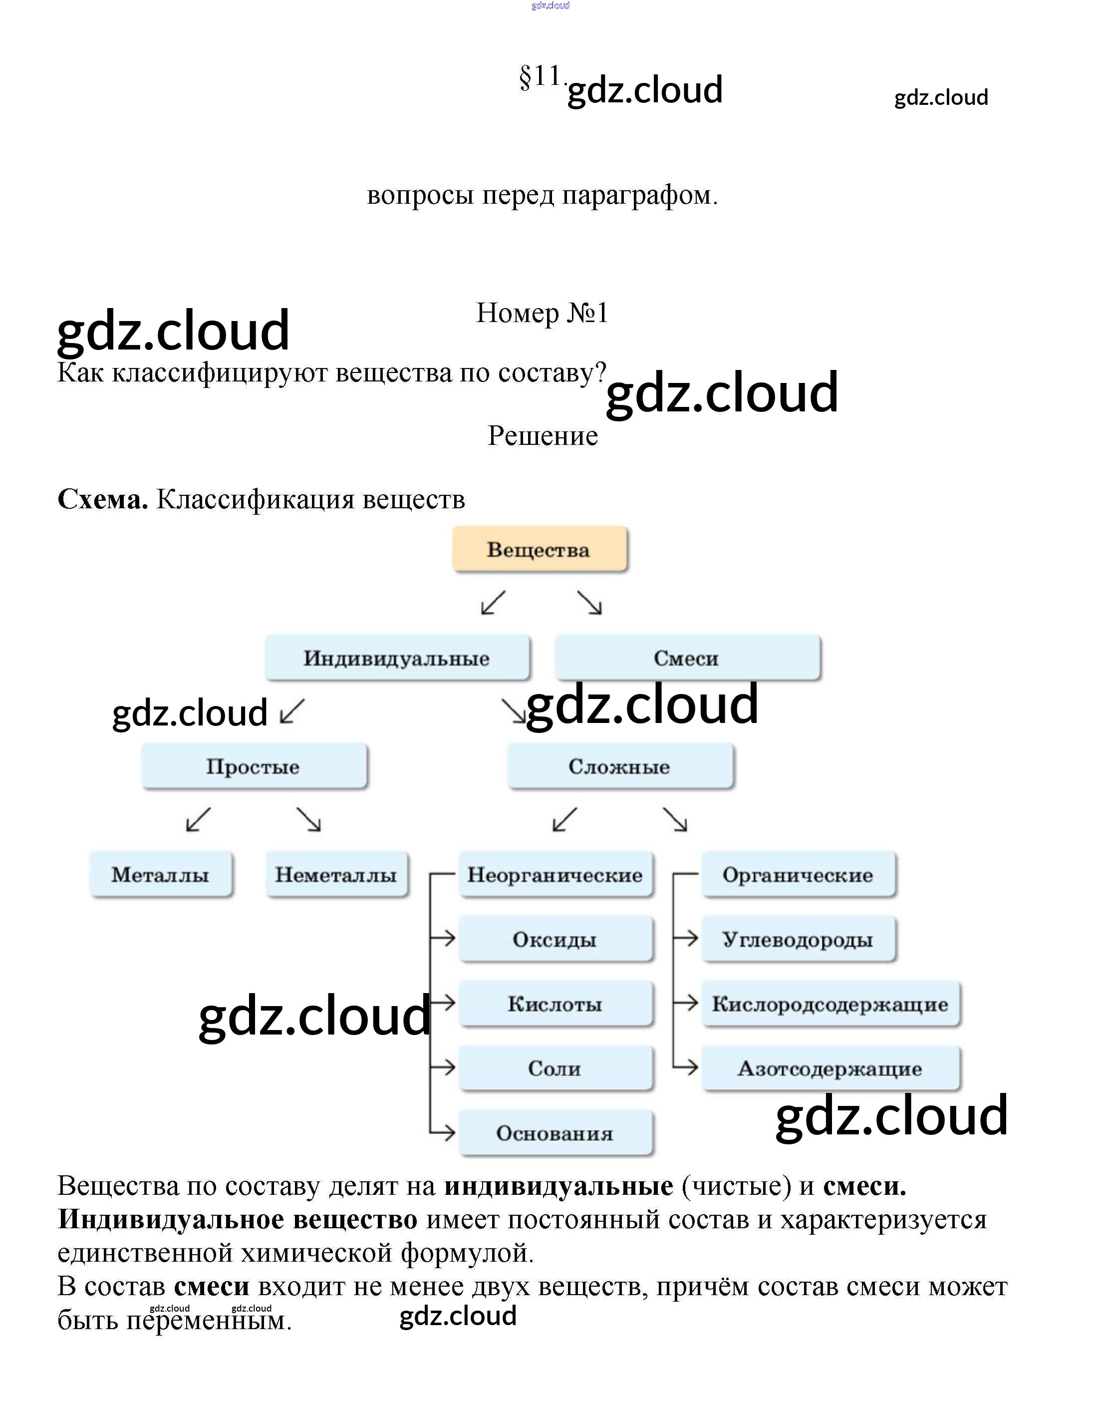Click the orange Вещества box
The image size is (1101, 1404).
coord(540,550)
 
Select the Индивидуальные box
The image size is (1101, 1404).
coord(397,658)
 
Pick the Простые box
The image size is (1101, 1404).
coord(254,766)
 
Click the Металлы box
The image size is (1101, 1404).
coord(161,875)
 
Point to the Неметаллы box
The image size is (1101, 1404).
coord(336,875)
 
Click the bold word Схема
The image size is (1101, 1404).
coord(103,500)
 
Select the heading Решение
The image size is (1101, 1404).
coord(543,436)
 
